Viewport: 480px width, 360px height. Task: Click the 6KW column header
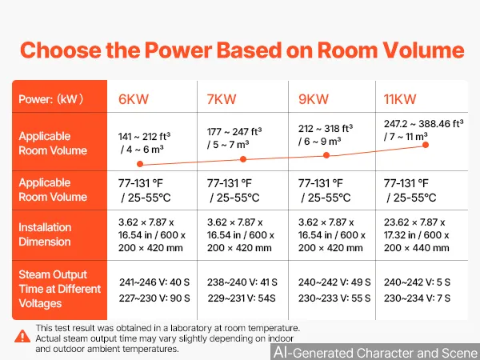click(x=134, y=99)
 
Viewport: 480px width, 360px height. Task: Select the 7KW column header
click(x=222, y=99)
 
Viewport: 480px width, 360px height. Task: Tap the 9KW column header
click(x=314, y=99)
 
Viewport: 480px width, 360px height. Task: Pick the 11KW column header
click(x=400, y=99)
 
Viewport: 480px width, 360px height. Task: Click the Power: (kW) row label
click(x=51, y=99)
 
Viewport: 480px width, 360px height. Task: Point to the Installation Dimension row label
click(x=45, y=234)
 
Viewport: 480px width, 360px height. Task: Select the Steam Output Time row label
click(x=60, y=289)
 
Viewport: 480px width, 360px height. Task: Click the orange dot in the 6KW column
click(x=140, y=164)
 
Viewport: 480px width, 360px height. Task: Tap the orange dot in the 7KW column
click(x=243, y=159)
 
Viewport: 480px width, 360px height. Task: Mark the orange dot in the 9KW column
click(x=326, y=155)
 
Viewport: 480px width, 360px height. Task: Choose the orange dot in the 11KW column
click(x=426, y=145)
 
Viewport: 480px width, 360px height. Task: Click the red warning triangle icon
click(x=22, y=337)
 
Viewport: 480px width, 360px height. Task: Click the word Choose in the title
click(x=61, y=50)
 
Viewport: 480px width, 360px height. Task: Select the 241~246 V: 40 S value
click(x=154, y=282)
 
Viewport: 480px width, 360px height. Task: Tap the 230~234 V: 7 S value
click(x=418, y=298)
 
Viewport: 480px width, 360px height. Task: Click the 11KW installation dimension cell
click(x=417, y=235)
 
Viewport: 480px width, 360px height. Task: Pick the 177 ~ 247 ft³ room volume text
click(x=234, y=132)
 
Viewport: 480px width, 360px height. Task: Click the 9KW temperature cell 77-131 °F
click(x=321, y=183)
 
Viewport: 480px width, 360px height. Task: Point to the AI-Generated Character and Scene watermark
click(x=376, y=352)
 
